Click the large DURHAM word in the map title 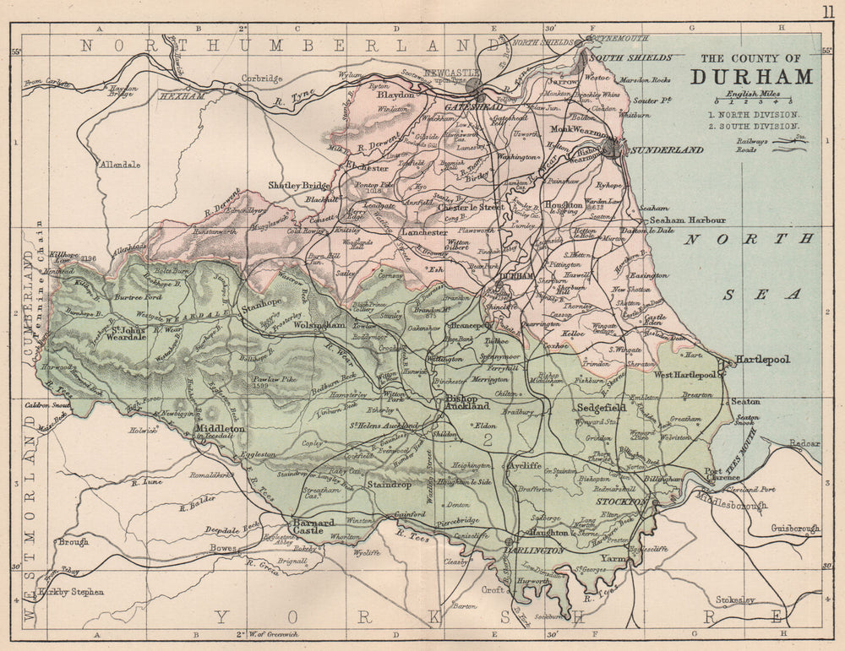pyautogui.click(x=751, y=76)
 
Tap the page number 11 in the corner pyautogui.click(x=826, y=11)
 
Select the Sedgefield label pyautogui.click(x=600, y=408)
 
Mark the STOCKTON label pyautogui.click(x=621, y=502)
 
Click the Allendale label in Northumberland pyautogui.click(x=120, y=165)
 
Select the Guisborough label pyautogui.click(x=794, y=529)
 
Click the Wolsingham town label pyautogui.click(x=319, y=324)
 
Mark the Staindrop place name pyautogui.click(x=390, y=485)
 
